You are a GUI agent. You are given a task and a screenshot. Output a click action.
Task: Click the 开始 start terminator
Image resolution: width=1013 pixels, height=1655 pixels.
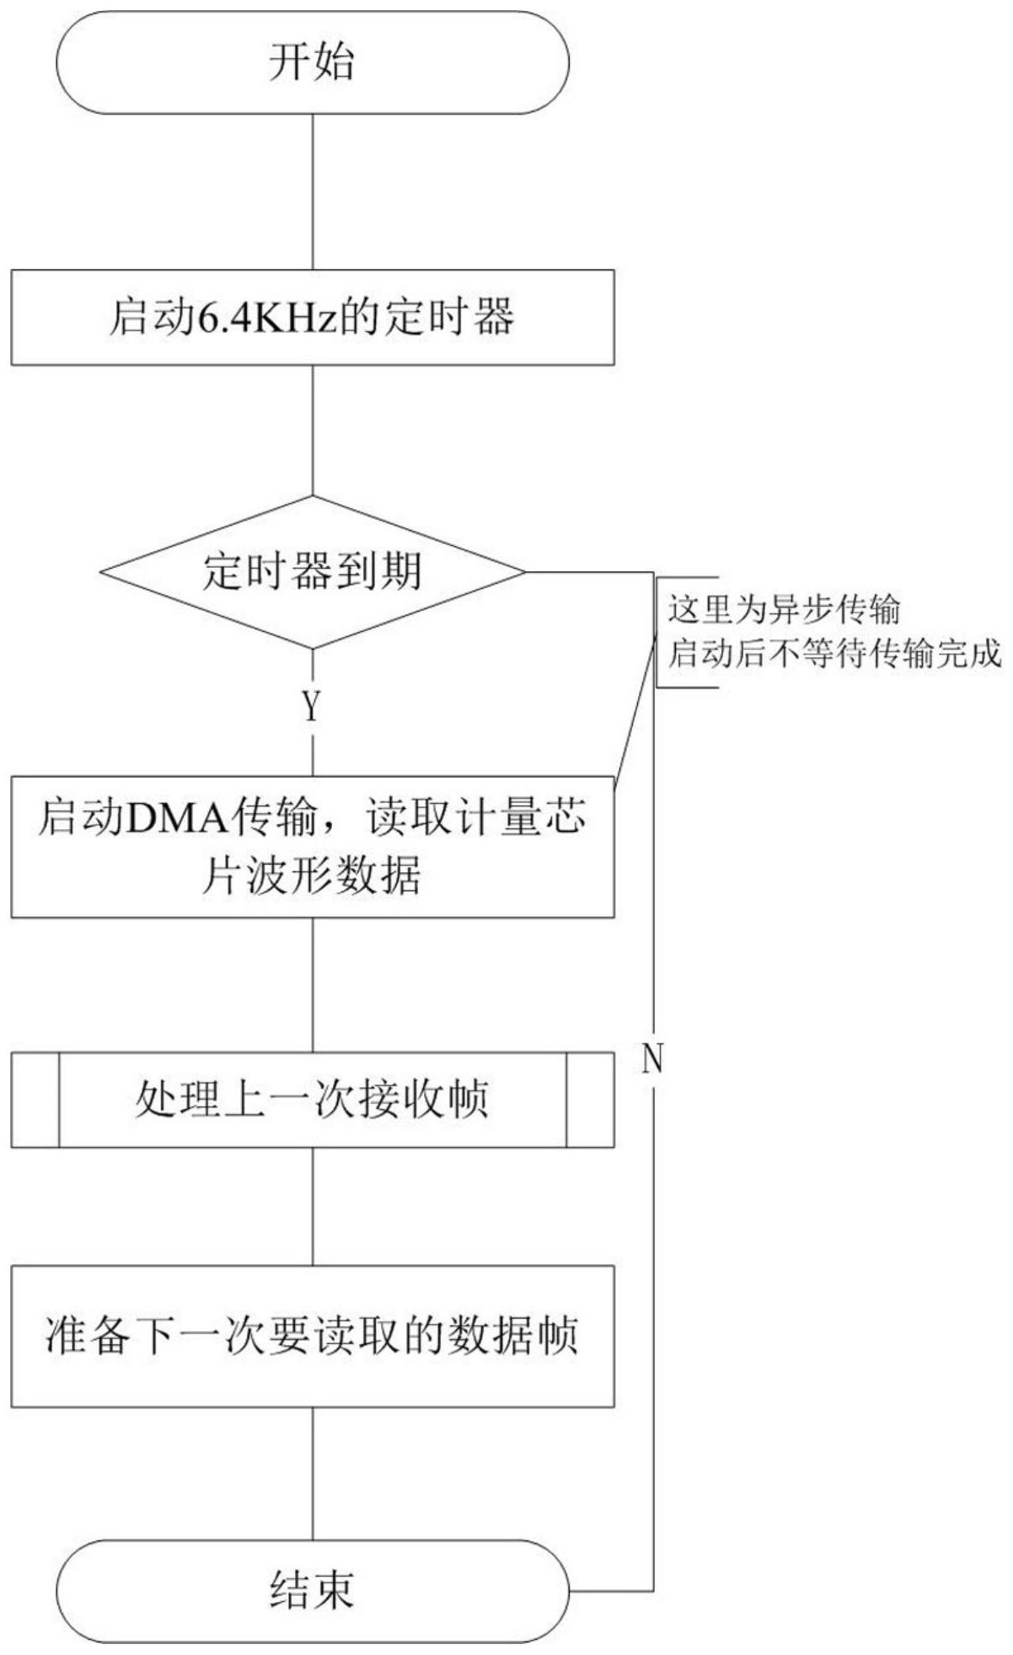(313, 62)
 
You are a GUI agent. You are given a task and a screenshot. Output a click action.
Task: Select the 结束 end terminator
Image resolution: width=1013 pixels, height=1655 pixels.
(313, 1591)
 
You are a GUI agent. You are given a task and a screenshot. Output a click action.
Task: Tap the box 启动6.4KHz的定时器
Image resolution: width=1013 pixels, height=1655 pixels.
(313, 318)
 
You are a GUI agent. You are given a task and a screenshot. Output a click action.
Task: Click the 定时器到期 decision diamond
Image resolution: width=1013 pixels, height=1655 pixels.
(313, 572)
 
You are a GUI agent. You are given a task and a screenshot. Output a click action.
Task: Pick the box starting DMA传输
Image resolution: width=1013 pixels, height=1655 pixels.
(313, 847)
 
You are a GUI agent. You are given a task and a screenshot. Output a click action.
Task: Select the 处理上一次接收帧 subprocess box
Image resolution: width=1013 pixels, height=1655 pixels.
(313, 1100)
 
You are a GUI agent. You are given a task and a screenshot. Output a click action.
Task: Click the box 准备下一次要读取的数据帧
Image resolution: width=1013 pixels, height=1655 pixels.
(313, 1336)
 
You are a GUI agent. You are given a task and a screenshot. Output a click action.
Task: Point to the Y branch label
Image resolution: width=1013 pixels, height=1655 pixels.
(312, 706)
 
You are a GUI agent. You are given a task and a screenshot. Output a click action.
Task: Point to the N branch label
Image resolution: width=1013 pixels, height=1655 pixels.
(652, 1058)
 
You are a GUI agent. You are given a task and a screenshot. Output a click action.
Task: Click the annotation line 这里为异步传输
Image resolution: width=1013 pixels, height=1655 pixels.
(785, 609)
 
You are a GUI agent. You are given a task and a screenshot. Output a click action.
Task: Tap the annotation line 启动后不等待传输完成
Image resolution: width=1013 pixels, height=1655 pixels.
(834, 654)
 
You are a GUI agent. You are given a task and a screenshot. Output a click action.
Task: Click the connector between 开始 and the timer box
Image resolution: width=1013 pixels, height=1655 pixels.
(313, 192)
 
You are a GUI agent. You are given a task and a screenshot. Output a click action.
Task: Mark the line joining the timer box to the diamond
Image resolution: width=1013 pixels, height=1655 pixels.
(313, 431)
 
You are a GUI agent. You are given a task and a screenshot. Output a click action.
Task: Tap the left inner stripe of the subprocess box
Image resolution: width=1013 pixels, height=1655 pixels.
(59, 1100)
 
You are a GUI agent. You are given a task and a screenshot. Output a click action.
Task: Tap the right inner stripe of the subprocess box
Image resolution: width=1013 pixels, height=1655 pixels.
(566, 1100)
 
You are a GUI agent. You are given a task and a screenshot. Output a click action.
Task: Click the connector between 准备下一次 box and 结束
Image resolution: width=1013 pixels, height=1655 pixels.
(313, 1474)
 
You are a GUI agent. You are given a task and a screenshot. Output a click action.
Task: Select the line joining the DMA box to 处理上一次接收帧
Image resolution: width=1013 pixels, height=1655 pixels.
(313, 985)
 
